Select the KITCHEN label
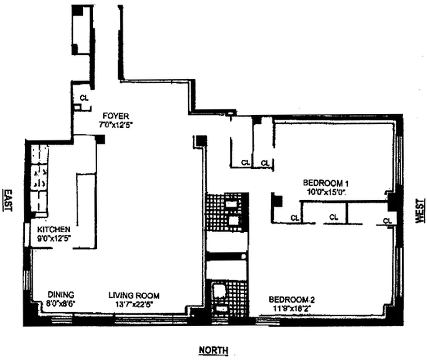click(54, 229)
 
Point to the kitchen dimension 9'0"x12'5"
click(54, 237)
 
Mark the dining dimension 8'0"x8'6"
click(60, 303)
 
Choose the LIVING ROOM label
click(134, 295)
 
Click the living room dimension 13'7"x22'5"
click(134, 303)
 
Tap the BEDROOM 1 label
click(326, 183)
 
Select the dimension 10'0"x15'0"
click(326, 191)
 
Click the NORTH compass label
click(213, 350)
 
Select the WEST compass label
click(419, 210)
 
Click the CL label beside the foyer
click(84, 97)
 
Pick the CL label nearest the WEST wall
click(387, 220)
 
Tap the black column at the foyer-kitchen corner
click(100, 139)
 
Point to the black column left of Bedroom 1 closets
click(276, 200)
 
